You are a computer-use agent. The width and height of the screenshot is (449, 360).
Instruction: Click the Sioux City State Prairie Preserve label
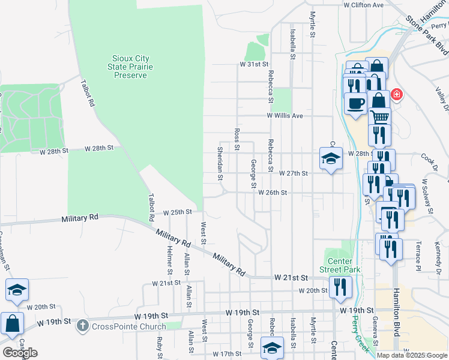coord(131,67)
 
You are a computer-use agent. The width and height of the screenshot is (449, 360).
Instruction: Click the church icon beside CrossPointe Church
coord(83,326)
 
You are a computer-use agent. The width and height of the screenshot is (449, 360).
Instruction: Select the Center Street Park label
coord(344,265)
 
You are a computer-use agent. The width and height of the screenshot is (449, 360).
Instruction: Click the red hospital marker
coord(396,95)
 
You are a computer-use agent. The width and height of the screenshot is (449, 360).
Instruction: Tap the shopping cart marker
coord(379,117)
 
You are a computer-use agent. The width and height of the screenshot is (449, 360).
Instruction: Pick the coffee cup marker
coord(355,102)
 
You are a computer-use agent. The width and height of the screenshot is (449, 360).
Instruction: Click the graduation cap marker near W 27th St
coord(331,158)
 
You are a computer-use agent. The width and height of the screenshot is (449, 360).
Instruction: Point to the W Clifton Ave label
coord(363,5)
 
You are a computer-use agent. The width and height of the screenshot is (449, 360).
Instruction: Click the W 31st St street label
coord(255,64)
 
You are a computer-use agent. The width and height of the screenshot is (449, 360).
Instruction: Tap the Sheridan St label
coord(220,163)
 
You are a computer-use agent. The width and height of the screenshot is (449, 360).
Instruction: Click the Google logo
coord(20,353)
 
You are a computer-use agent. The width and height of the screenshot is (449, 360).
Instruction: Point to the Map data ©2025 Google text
coord(412,355)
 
